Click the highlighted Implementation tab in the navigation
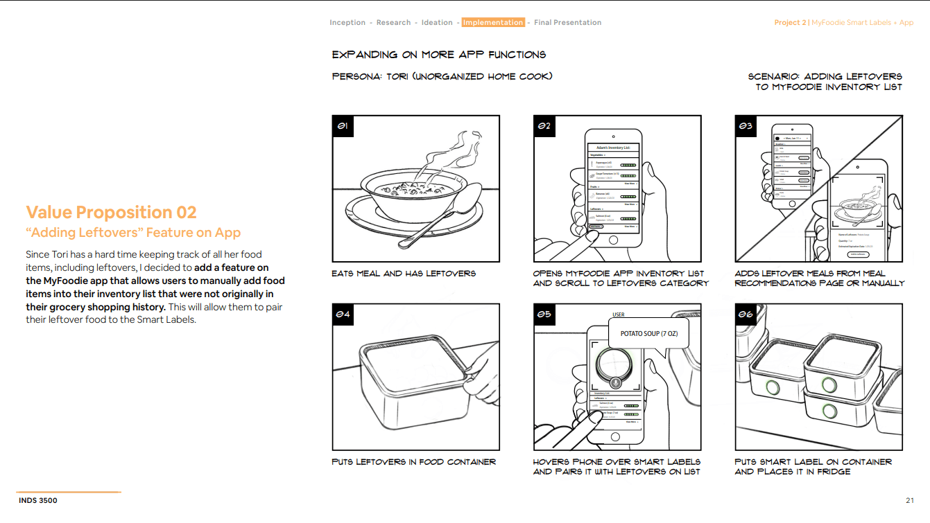[x=493, y=23]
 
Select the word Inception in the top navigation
[x=347, y=23]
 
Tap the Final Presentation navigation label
[x=567, y=23]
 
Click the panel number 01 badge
[x=343, y=126]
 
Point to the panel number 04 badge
[x=343, y=314]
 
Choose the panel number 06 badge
[x=746, y=314]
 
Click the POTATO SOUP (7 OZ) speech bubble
[x=648, y=334]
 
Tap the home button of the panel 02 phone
[x=612, y=240]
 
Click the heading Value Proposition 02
[x=112, y=213]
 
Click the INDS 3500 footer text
[x=40, y=500]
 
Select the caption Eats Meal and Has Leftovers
[x=404, y=274]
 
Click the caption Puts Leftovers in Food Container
[x=414, y=462]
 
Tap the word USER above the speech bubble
[x=619, y=315]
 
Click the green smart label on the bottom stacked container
[x=829, y=411]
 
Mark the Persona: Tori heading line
[x=442, y=76]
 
